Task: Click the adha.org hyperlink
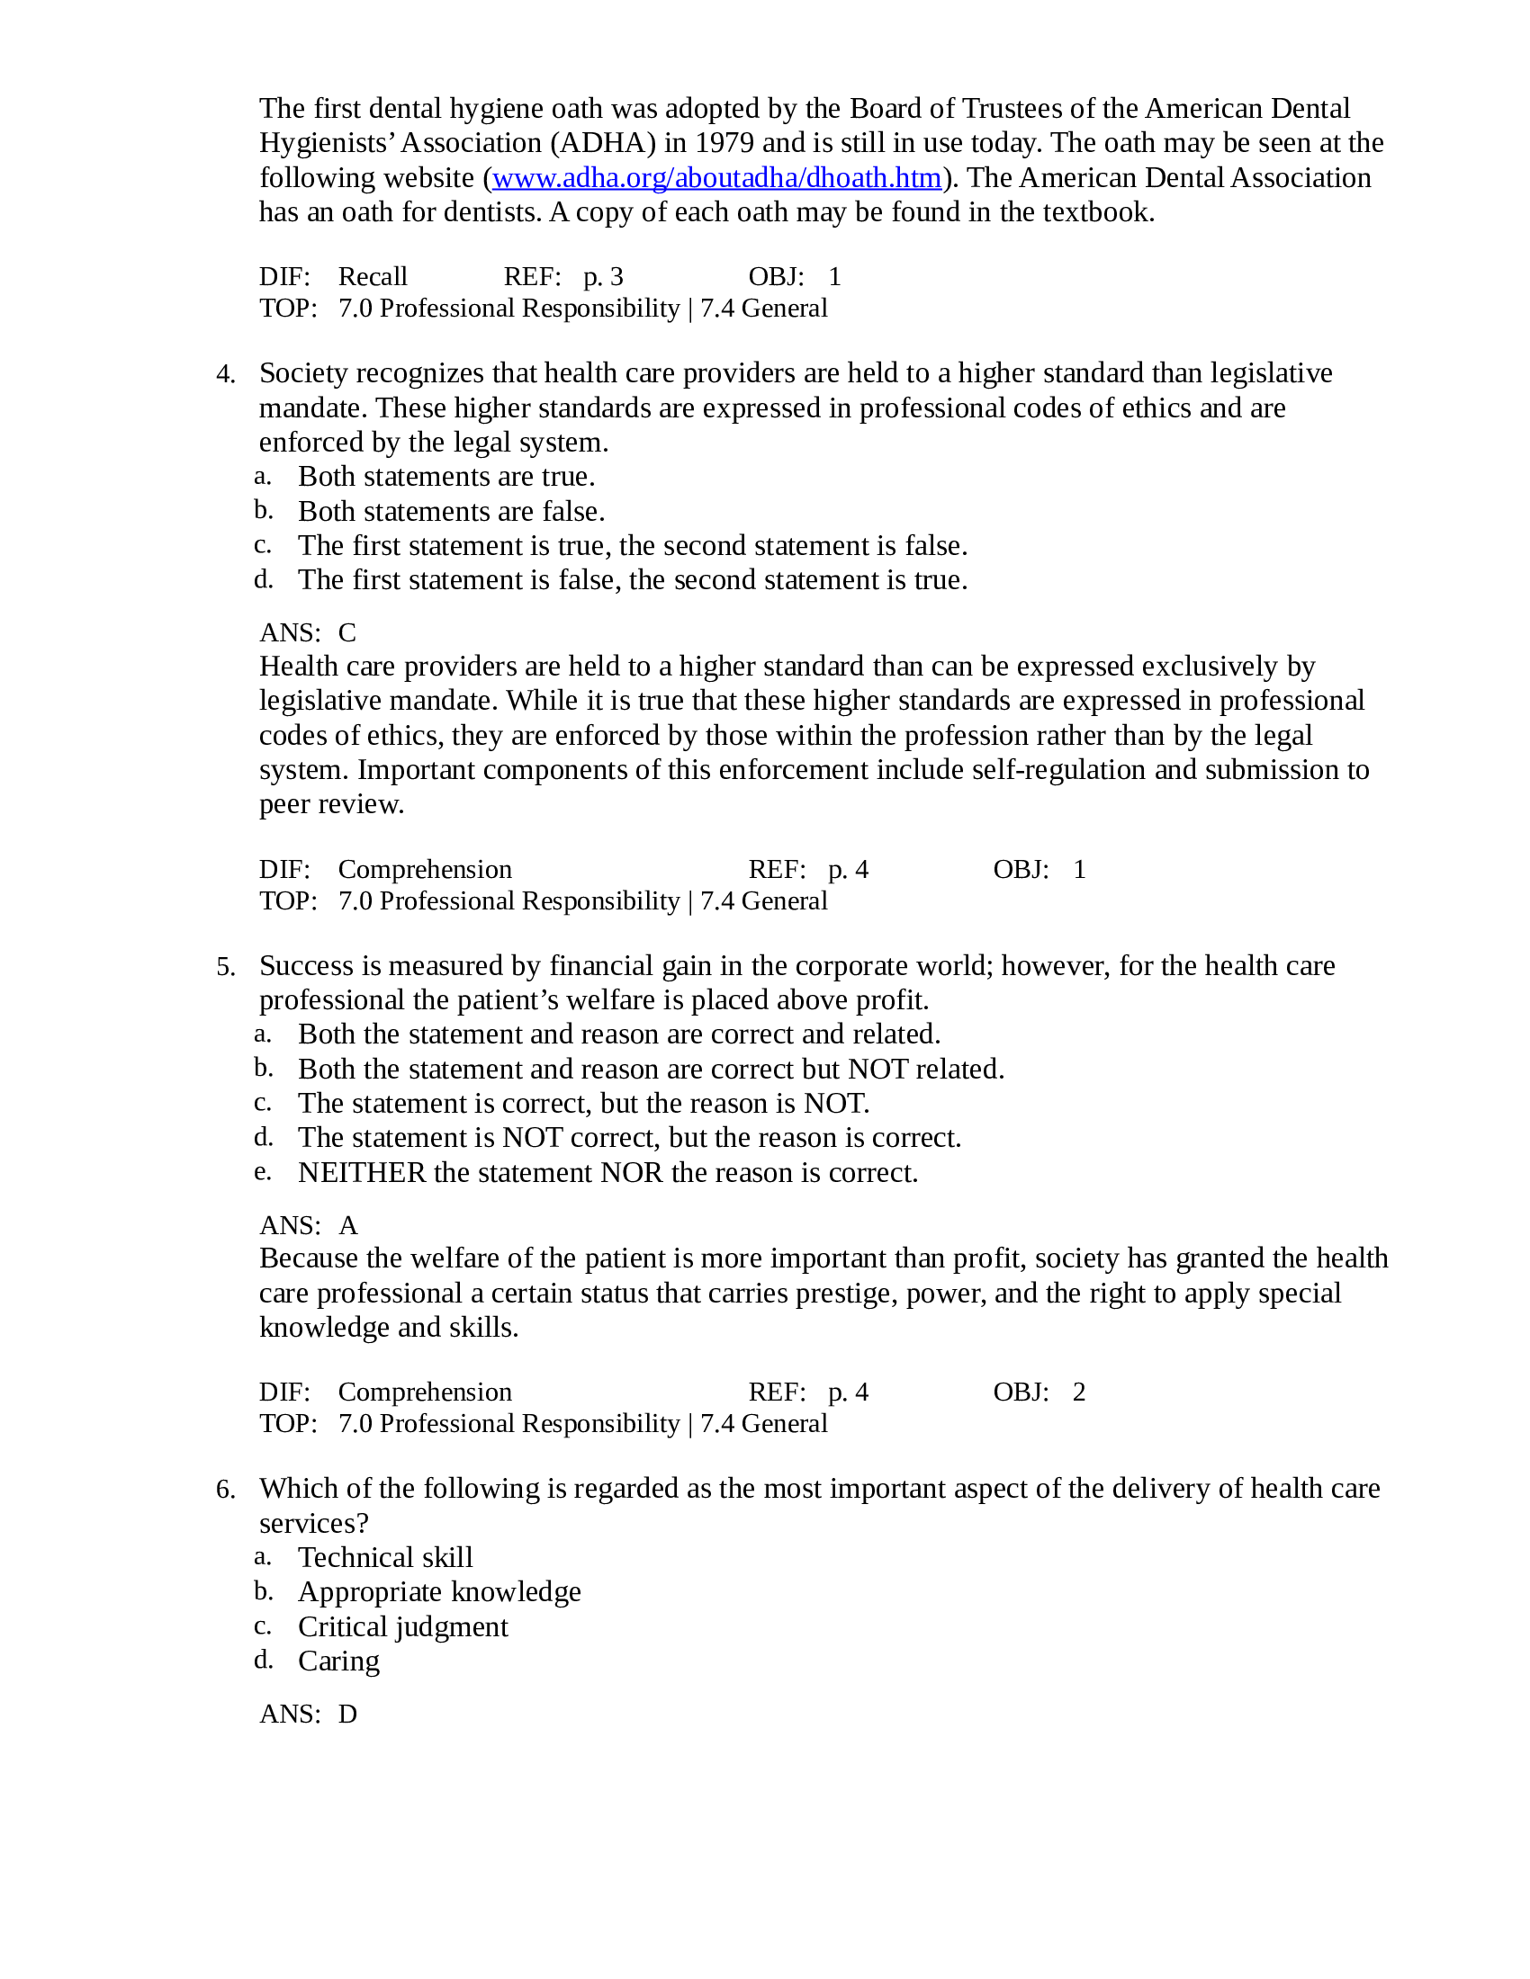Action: [x=716, y=177]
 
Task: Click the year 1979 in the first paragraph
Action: [x=724, y=143]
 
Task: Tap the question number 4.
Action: [x=225, y=374]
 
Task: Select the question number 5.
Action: [x=225, y=967]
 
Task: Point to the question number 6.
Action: [x=225, y=1490]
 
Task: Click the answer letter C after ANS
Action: [x=347, y=632]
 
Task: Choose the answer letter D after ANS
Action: [x=348, y=1714]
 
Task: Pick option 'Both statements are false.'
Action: [x=451, y=511]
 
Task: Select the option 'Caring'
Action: [x=338, y=1661]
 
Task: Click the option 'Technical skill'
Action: [x=385, y=1557]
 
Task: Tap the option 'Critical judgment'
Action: [x=402, y=1626]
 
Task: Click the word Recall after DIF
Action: [x=373, y=276]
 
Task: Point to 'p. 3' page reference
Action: [x=603, y=276]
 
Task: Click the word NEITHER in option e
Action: [x=362, y=1172]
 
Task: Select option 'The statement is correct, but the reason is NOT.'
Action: [x=583, y=1103]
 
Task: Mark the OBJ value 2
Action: [x=1078, y=1392]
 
